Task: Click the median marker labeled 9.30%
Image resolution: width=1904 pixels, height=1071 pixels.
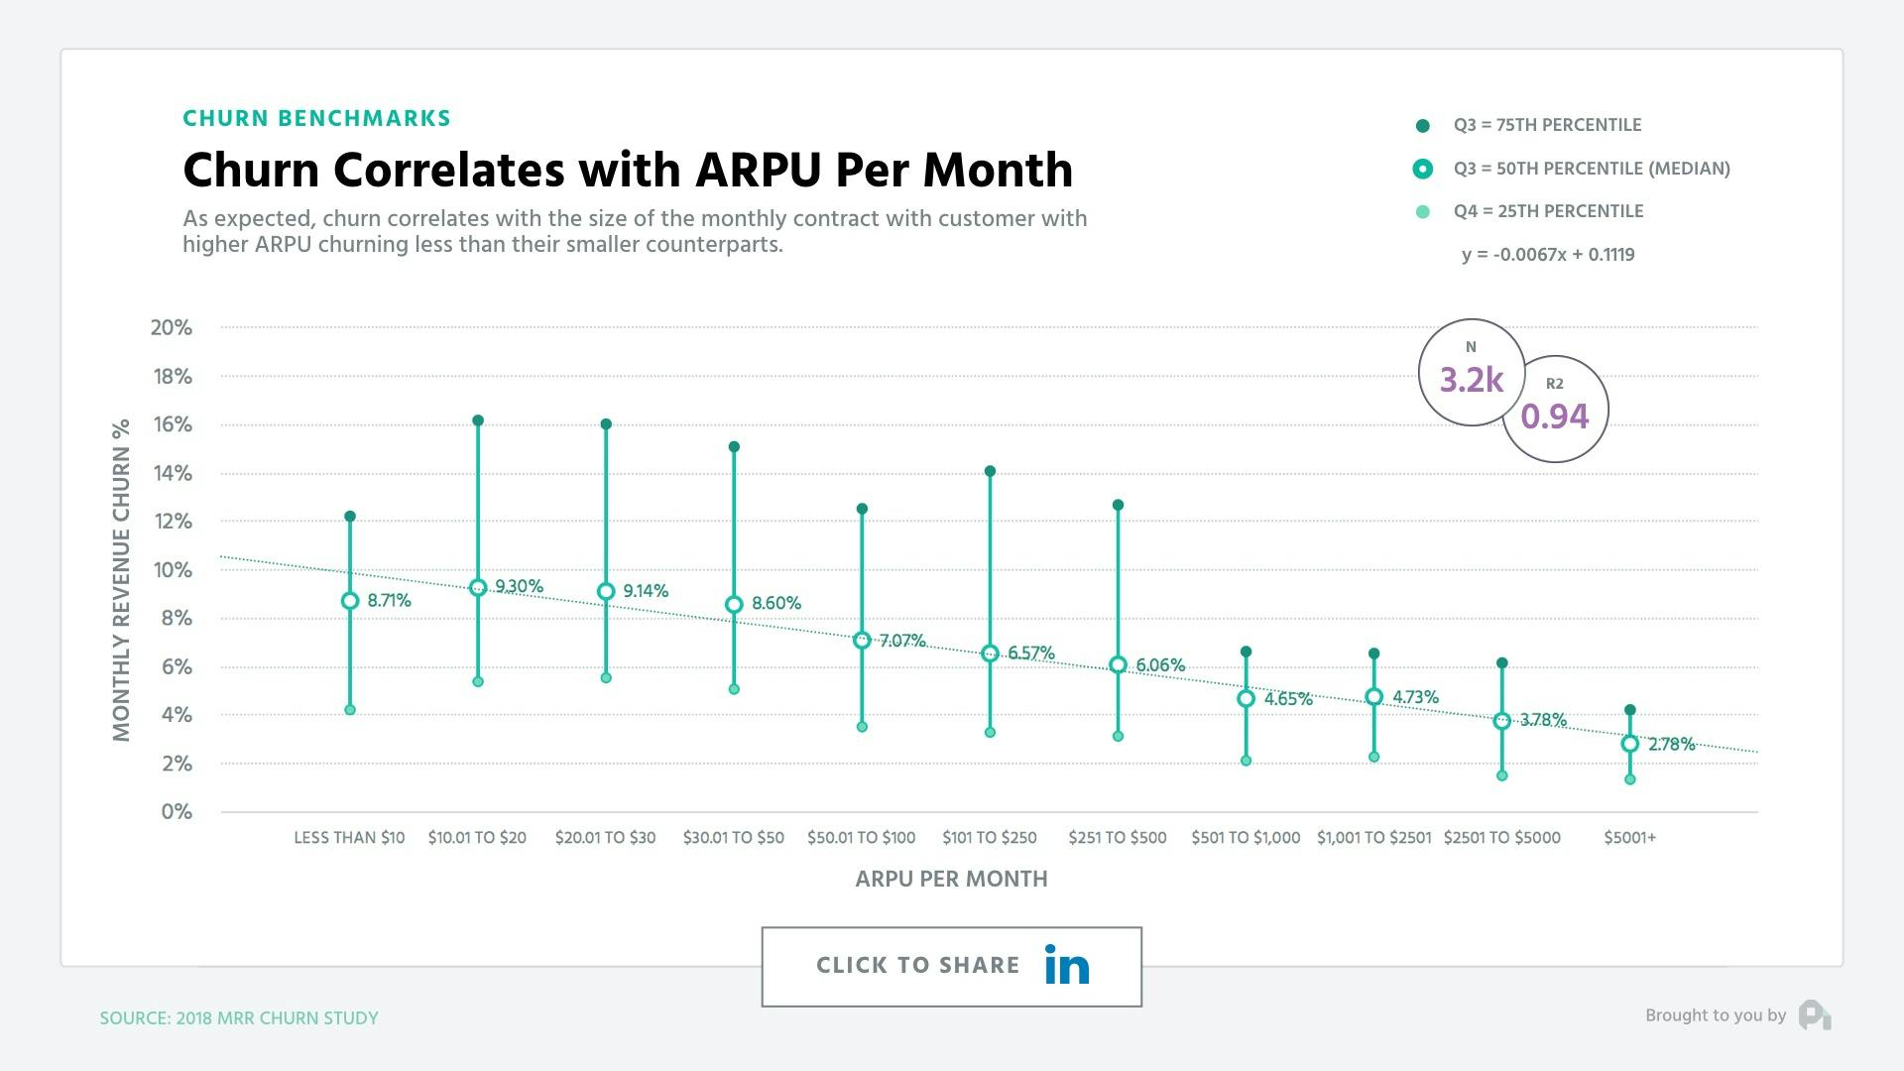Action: click(478, 588)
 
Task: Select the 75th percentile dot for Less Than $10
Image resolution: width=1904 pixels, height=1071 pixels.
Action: click(350, 517)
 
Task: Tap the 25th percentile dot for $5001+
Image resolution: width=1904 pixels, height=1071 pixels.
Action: click(1630, 779)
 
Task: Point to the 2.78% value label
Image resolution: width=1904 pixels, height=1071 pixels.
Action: click(1671, 745)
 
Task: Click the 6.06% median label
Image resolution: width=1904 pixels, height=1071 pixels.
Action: click(1160, 665)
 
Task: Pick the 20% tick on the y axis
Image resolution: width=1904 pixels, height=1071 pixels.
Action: click(172, 327)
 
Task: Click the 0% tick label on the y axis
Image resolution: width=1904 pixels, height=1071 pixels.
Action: click(177, 812)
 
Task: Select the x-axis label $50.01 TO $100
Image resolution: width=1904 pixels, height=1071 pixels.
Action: click(861, 838)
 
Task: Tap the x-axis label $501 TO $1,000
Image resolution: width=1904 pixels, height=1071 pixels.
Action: click(1246, 838)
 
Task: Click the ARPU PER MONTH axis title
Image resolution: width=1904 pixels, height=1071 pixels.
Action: click(951, 879)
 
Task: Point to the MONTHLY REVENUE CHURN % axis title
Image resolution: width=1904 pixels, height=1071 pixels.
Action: click(122, 580)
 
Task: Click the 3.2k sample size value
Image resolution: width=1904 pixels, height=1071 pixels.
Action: click(1472, 380)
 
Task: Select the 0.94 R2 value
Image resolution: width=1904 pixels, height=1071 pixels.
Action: click(1555, 416)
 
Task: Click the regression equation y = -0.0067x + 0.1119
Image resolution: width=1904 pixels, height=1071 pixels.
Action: click(1548, 255)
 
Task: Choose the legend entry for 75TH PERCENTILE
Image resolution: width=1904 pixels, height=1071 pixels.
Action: click(1547, 125)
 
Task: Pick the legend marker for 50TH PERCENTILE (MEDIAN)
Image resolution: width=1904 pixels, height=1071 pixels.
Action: click(1423, 169)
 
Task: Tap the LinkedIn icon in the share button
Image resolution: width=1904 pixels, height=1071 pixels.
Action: click(1067, 966)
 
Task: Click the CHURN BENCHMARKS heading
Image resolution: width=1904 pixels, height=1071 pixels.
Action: click(316, 119)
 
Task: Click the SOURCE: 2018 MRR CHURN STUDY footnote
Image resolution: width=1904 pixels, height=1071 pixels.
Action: click(239, 1018)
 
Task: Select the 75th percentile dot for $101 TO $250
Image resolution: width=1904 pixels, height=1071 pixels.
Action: click(990, 472)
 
